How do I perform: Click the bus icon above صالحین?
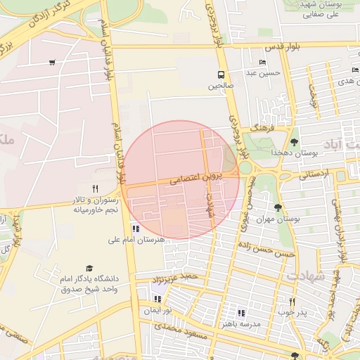pyautogui.click(x=221, y=75)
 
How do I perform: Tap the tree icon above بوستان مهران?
pyautogui.click(x=278, y=207)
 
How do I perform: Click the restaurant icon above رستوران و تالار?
pyautogui.click(x=96, y=188)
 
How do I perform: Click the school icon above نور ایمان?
pyautogui.click(x=157, y=299)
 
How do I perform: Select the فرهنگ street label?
pyautogui.click(x=267, y=129)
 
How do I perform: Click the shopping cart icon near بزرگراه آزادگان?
pyautogui.click(x=52, y=63)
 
